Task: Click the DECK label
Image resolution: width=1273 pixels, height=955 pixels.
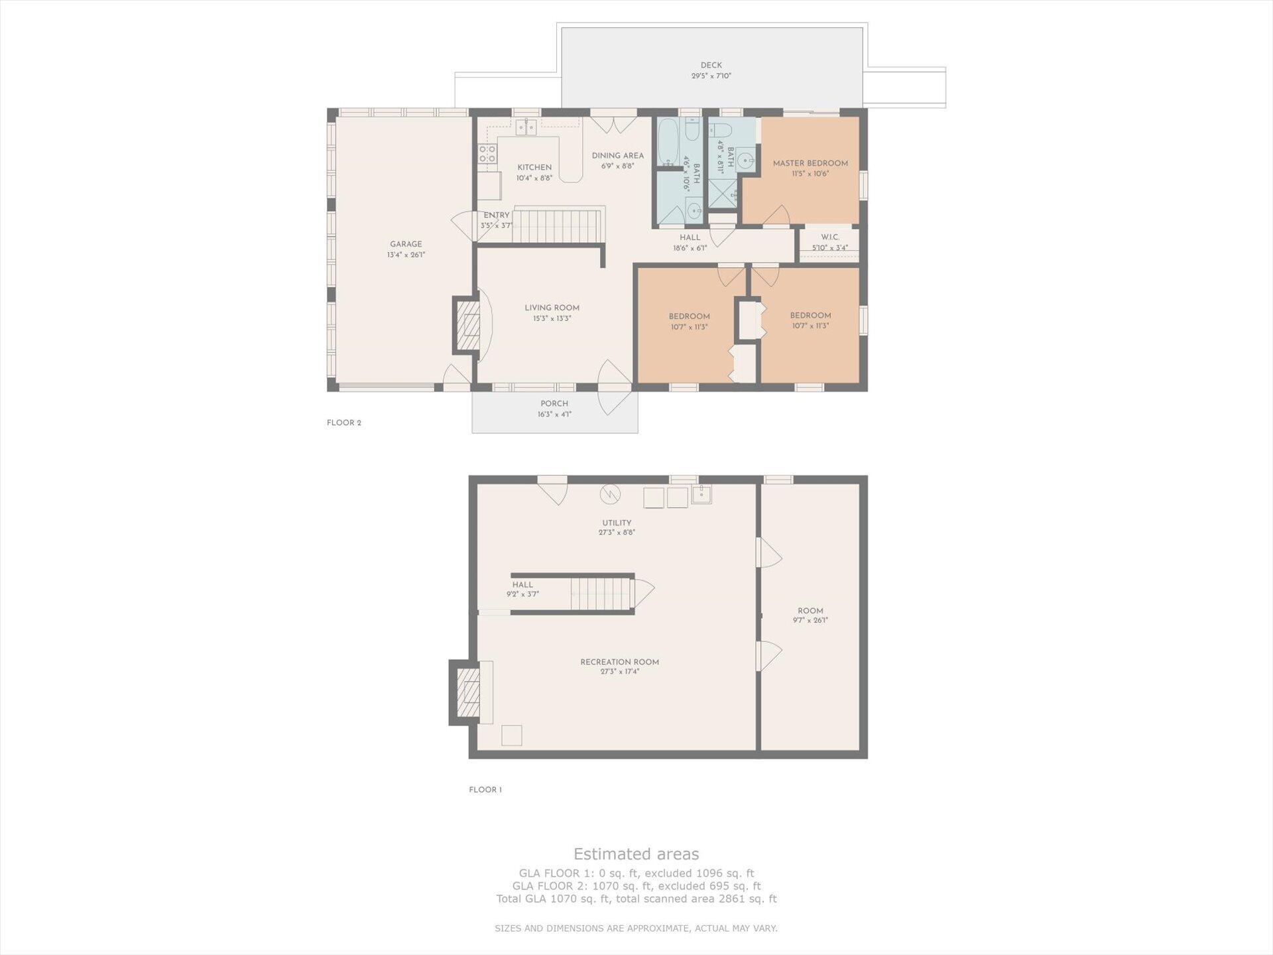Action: click(711, 65)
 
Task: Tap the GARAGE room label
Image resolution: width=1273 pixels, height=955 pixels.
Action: click(406, 244)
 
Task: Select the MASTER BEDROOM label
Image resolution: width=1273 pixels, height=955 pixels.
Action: click(810, 163)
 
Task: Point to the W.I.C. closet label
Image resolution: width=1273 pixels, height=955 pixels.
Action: click(830, 237)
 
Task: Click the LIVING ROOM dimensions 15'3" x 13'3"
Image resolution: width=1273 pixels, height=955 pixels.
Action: click(552, 318)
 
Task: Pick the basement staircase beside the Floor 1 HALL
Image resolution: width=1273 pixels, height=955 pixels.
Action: click(601, 594)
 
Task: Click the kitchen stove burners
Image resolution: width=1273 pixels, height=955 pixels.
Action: click(487, 154)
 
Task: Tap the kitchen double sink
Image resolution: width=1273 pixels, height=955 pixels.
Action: click(526, 127)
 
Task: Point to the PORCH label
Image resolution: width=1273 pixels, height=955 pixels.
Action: click(554, 403)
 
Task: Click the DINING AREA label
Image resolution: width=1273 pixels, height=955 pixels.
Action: click(617, 156)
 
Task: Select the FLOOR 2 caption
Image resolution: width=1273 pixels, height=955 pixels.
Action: click(344, 423)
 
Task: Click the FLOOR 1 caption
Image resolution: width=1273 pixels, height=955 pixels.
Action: click(485, 790)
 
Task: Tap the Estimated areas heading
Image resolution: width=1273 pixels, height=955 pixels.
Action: click(636, 854)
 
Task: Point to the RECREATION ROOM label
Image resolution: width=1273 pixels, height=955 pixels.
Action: click(619, 662)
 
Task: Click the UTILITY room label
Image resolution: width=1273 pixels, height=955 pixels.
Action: click(617, 523)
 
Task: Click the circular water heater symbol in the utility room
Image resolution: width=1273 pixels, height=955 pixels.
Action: click(610, 494)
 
